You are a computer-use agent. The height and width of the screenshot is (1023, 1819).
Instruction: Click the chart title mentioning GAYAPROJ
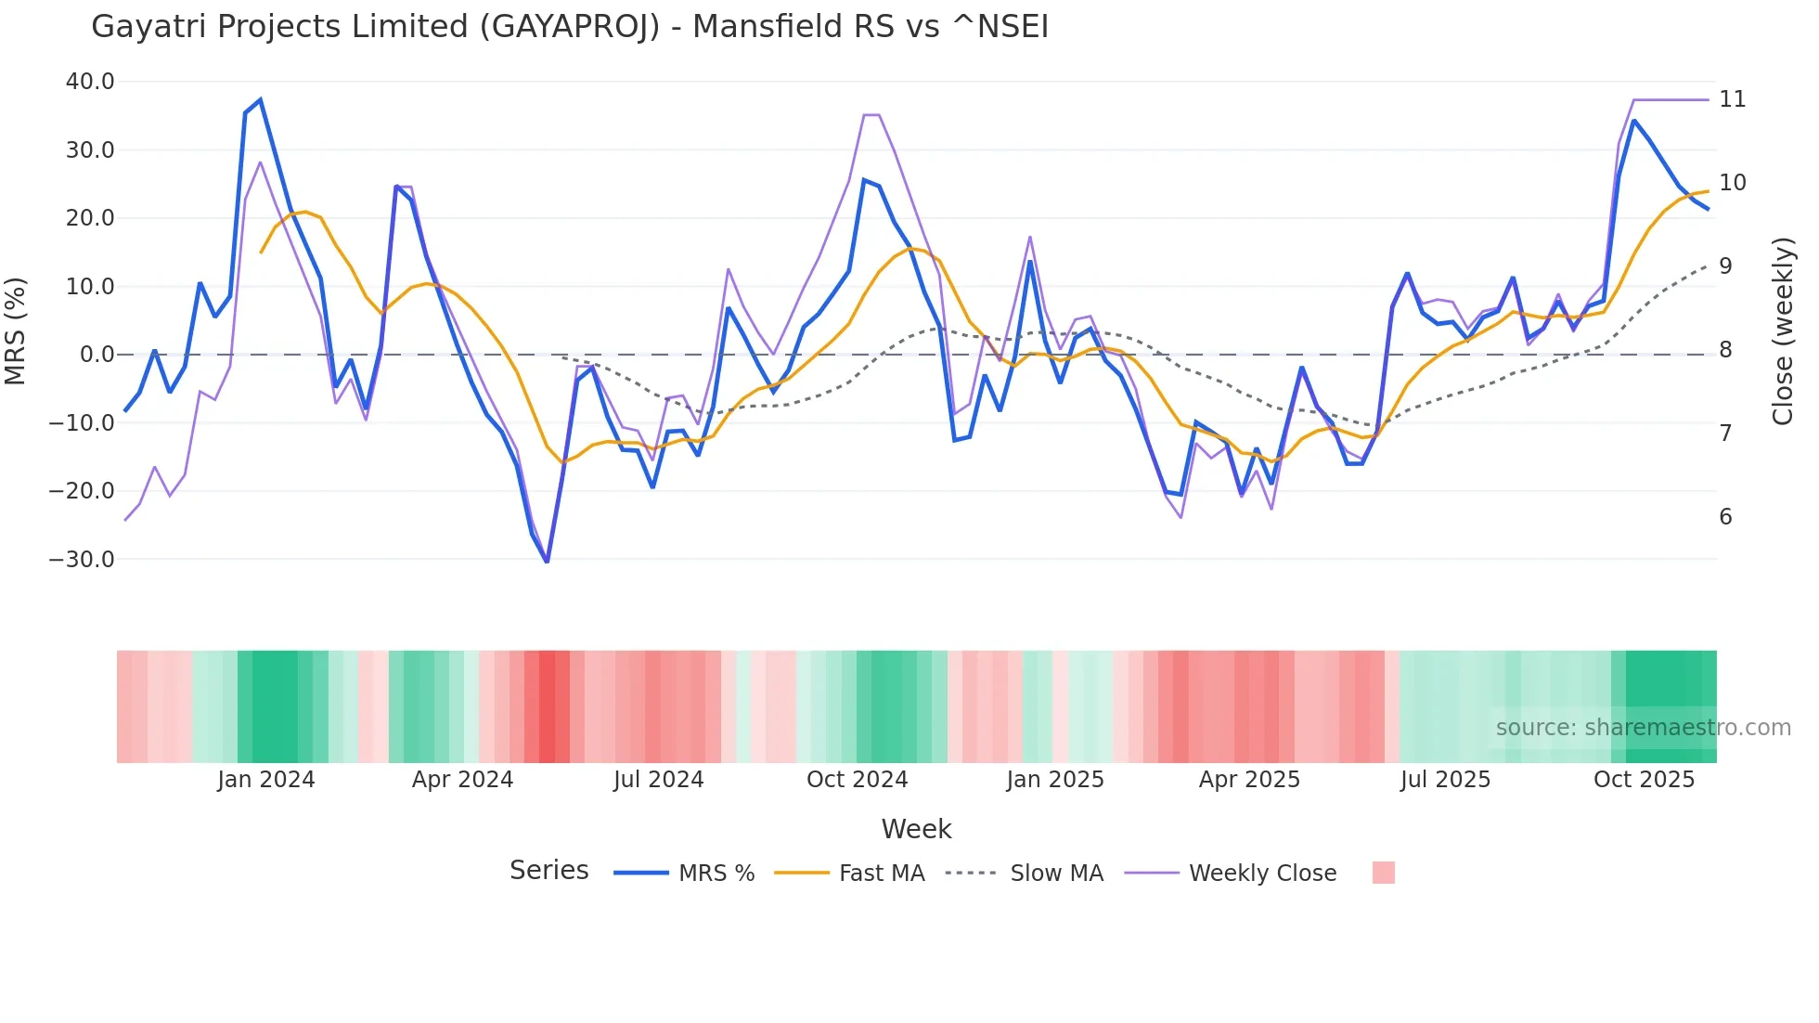click(x=570, y=27)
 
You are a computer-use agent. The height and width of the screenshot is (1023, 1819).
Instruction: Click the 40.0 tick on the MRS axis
click(x=90, y=82)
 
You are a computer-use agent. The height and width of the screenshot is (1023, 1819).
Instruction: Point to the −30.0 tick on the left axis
click(x=82, y=560)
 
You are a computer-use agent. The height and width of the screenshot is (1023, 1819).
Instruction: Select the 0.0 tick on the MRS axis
click(x=97, y=355)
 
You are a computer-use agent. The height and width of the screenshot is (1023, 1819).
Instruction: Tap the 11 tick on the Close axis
click(x=1732, y=99)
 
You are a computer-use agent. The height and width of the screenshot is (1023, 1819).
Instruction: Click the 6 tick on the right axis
click(x=1725, y=517)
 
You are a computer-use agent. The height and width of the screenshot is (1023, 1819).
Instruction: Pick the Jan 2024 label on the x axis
click(x=266, y=780)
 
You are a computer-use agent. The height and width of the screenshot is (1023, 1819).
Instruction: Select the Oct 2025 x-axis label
click(x=1644, y=780)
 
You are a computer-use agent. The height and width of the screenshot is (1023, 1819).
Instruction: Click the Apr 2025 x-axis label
click(x=1249, y=780)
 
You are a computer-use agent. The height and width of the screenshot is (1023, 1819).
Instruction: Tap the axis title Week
click(x=916, y=829)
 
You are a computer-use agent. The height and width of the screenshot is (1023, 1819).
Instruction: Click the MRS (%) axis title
click(x=16, y=331)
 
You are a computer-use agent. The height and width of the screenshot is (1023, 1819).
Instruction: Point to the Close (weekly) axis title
click(x=1783, y=331)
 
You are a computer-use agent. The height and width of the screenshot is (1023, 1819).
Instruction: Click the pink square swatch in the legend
click(x=1383, y=873)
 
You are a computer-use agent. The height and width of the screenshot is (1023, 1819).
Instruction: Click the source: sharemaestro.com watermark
click(x=1643, y=728)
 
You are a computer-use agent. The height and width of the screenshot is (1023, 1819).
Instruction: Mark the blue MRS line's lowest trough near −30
click(x=548, y=562)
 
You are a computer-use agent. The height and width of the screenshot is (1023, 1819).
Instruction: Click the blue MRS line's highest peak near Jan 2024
click(x=261, y=99)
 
